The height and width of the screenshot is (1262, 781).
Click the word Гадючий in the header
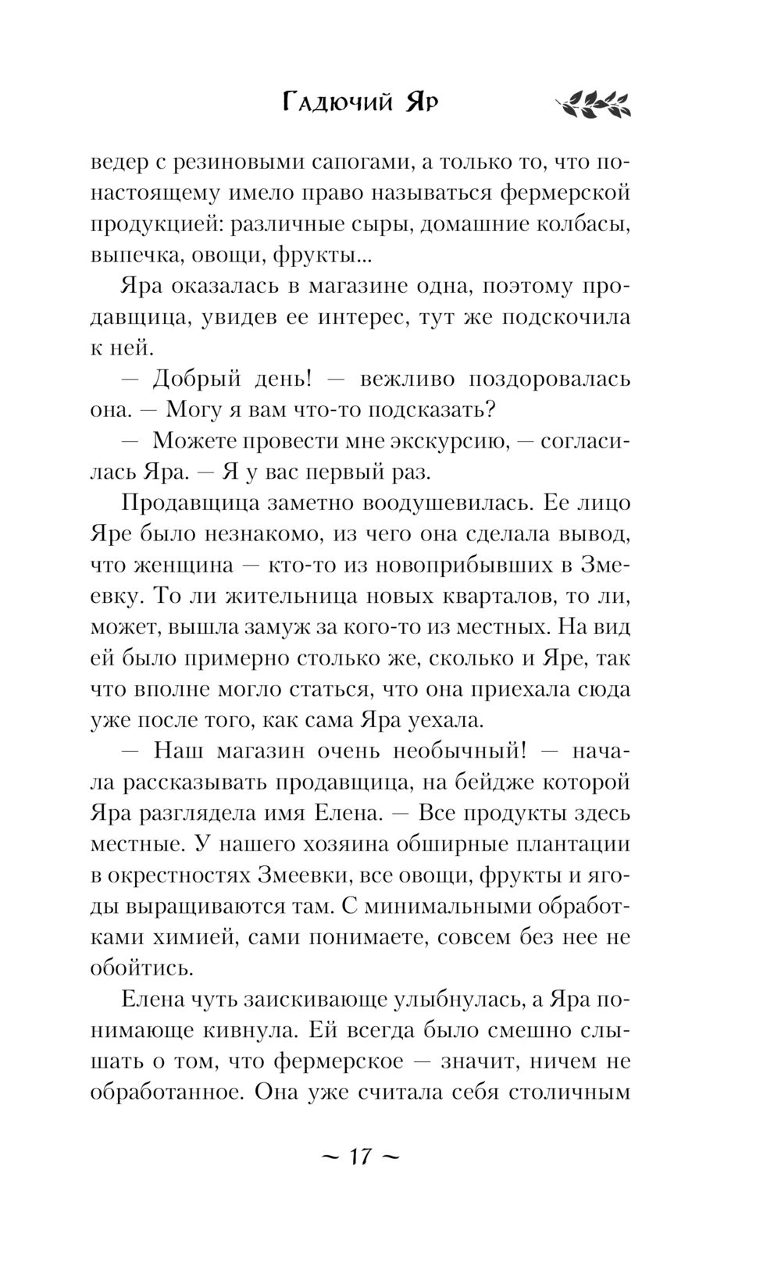[337, 102]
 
